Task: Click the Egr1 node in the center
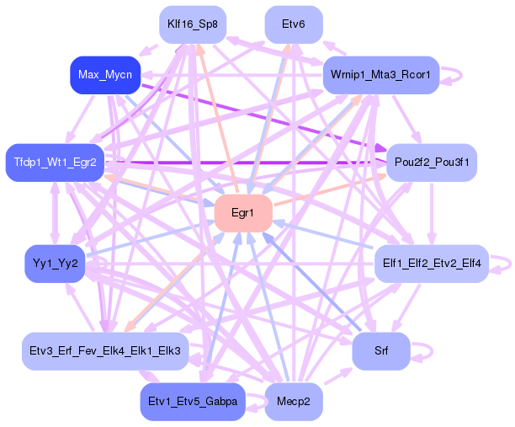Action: coord(243,213)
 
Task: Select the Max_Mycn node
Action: coord(105,75)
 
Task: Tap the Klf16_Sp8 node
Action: coord(193,24)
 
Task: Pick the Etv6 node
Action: coord(294,24)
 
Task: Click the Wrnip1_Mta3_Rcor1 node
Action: coord(381,75)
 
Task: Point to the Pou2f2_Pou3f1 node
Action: coord(432,163)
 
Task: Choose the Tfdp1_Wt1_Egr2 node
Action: coord(55,163)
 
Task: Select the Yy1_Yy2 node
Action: coord(55,264)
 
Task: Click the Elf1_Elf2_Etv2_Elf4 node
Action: coord(432,264)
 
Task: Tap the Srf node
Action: coord(381,351)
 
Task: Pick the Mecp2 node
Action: coord(294,402)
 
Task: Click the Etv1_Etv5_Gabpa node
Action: coord(193,402)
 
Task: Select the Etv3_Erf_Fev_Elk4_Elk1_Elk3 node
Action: coord(105,351)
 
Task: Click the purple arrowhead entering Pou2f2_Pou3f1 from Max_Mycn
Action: coord(381,148)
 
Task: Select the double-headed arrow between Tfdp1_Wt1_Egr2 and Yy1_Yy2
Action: coord(55,213)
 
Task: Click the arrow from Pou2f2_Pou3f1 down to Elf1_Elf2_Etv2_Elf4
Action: coord(432,213)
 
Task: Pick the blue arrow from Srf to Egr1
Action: coord(312,282)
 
